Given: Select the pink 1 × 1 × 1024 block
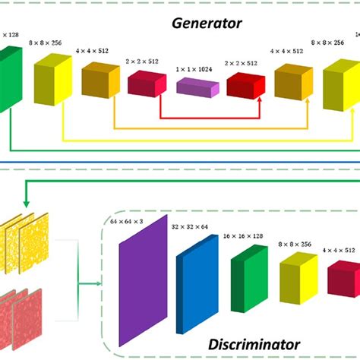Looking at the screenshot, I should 197,85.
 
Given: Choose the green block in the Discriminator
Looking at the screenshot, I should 248,280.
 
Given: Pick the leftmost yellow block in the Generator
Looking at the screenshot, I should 53,79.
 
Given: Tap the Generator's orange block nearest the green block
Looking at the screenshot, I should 101,81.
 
